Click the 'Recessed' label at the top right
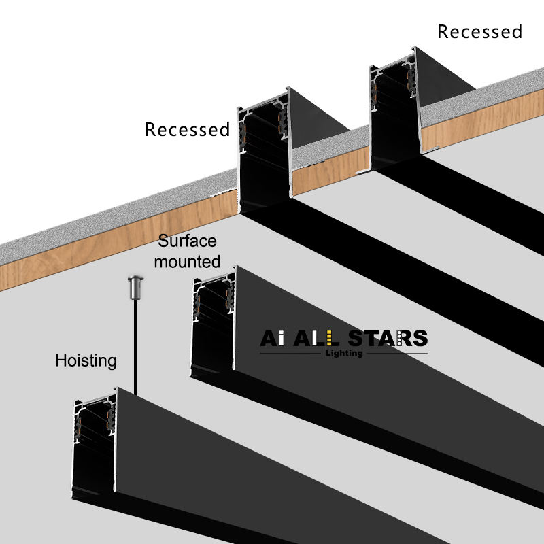tap(479, 32)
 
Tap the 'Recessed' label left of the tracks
tap(187, 129)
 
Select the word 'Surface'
tap(187, 241)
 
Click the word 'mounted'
tap(187, 261)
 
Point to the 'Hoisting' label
tap(86, 360)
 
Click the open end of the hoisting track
tap(94, 445)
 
